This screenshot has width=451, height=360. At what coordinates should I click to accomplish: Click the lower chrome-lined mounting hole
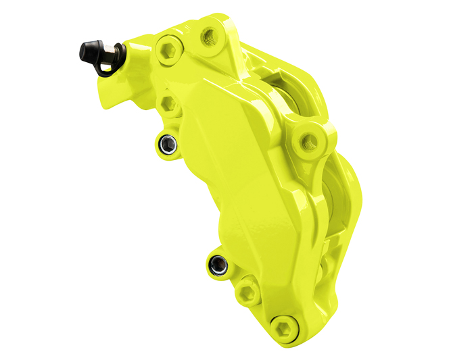tap(216, 265)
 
